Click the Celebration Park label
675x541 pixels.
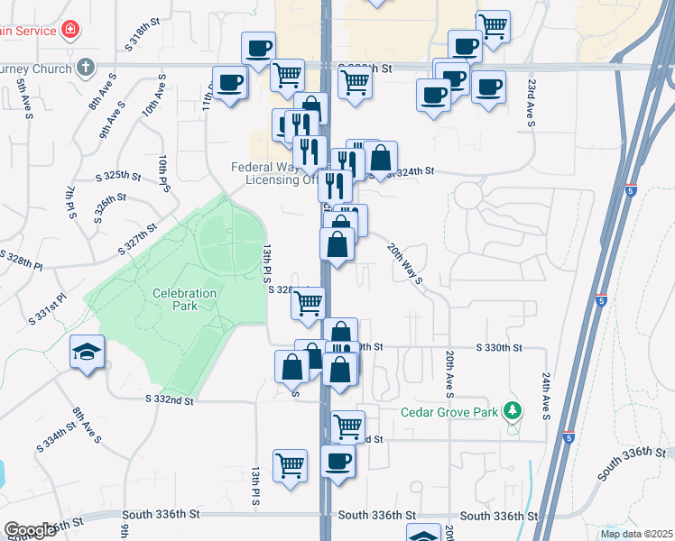point(184,299)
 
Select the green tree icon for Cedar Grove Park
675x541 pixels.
point(513,411)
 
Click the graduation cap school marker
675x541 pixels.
point(87,352)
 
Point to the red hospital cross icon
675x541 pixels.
point(69,31)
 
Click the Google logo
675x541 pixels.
point(30,530)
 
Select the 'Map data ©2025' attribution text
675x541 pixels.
point(636,533)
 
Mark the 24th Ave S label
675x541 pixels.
point(546,397)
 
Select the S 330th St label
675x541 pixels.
point(499,347)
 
